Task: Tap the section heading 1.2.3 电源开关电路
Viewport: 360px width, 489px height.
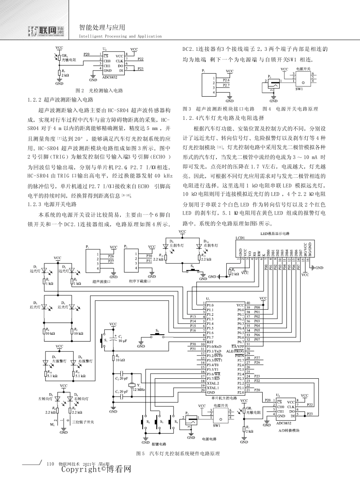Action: [52, 204]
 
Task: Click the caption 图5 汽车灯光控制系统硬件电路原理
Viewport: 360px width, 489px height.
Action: [178, 453]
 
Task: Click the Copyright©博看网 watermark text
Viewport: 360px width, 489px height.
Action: [96, 470]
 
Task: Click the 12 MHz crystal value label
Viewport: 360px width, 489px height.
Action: [138, 389]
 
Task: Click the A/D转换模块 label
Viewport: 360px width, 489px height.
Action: [289, 431]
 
